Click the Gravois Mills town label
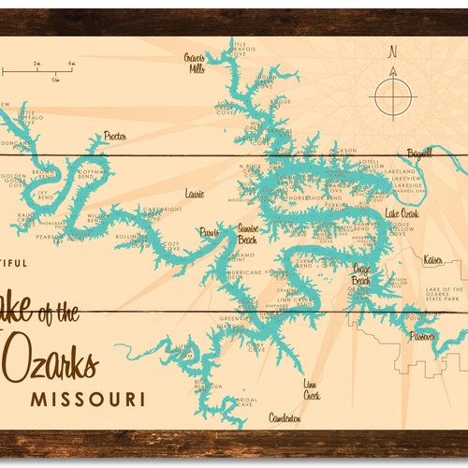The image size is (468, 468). tap(195, 62)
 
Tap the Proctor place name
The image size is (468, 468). tap(114, 135)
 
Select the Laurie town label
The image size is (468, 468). tap(194, 194)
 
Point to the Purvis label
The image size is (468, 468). tap(208, 231)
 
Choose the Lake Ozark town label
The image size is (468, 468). tap(403, 214)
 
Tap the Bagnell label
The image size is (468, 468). tap(420, 152)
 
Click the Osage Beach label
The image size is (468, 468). tap(361, 273)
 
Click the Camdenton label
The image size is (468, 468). tap(285, 417)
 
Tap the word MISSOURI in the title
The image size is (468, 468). tap(88, 399)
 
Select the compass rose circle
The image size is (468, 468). tap(393, 95)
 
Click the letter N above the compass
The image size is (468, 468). tap(393, 51)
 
